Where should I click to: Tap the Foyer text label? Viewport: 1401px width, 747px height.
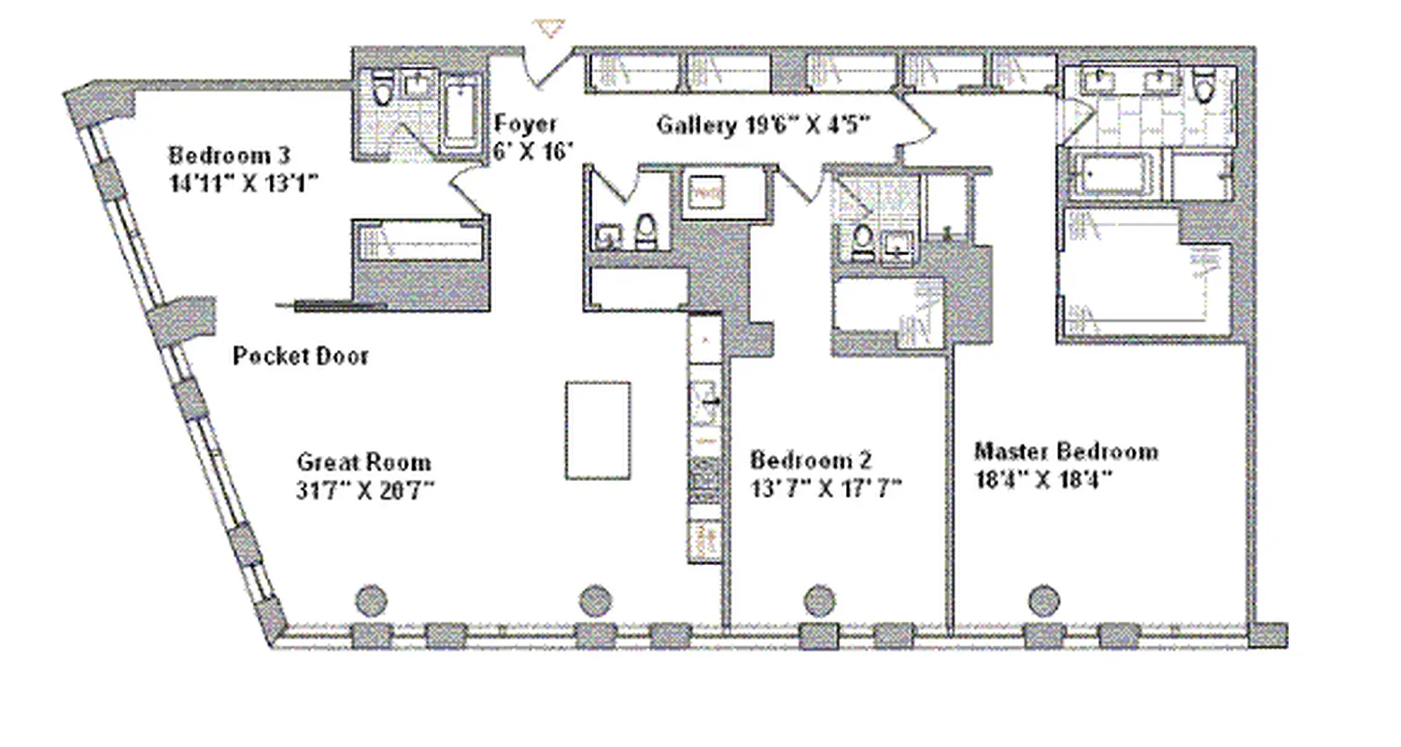[x=525, y=123]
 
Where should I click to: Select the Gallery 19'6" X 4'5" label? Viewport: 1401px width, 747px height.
[x=763, y=124]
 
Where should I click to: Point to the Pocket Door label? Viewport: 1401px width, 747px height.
[x=300, y=356]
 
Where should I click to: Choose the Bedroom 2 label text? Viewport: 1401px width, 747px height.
[x=811, y=459]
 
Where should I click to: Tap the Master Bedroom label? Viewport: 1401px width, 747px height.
[x=1066, y=452]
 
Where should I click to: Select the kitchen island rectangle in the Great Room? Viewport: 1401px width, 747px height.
[x=597, y=430]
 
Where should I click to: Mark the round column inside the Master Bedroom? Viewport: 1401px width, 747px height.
[x=1043, y=599]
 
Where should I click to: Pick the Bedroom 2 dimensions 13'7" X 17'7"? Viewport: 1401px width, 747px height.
[x=826, y=487]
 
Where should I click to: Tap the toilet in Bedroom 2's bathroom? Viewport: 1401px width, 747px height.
[x=862, y=239]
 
